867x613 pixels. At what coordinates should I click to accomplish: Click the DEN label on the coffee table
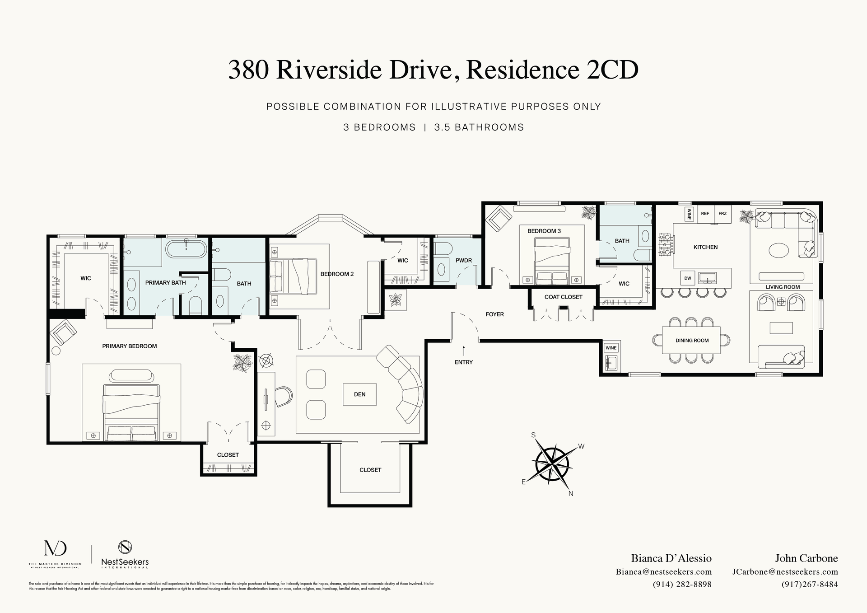(360, 394)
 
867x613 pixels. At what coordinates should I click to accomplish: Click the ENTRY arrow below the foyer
(464, 351)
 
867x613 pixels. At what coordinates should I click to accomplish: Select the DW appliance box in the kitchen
(687, 278)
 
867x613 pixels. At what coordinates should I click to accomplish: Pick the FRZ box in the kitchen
(722, 214)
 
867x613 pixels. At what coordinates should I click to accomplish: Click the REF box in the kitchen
(705, 214)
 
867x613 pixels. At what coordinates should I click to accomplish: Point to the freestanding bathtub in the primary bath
(186, 249)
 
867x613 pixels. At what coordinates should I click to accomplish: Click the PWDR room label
(464, 261)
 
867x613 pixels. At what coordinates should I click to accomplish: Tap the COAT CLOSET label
(563, 297)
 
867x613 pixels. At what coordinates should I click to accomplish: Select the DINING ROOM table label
(692, 341)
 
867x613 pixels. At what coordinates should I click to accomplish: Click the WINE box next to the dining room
(611, 348)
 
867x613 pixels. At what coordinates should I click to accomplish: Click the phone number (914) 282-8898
(682, 584)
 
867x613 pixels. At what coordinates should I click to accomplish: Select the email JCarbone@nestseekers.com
(785, 571)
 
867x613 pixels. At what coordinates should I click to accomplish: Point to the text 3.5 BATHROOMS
(479, 127)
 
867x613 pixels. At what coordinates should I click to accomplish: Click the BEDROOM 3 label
(544, 231)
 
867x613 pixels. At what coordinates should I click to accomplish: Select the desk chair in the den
(284, 396)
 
